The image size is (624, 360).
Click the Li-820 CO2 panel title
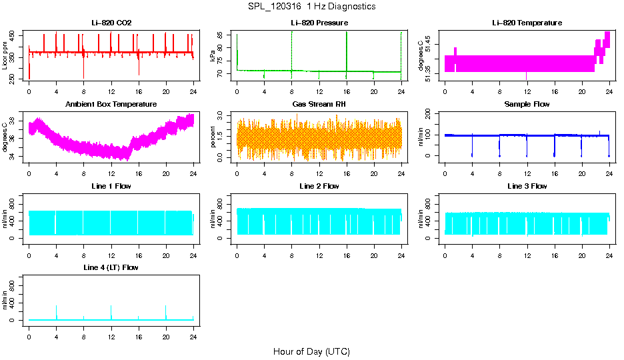pyautogui.click(x=111, y=23)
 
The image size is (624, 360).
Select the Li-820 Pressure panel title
pyautogui.click(x=319, y=23)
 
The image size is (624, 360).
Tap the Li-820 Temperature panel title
pyautogui.click(x=527, y=23)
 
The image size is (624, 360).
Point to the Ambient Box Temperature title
pyautogui.click(x=111, y=105)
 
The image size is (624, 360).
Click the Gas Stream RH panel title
pyautogui.click(x=319, y=105)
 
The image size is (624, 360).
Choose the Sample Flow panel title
pyautogui.click(x=527, y=105)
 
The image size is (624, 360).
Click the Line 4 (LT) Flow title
pyautogui.click(x=111, y=267)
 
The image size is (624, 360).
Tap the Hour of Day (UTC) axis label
pyautogui.click(x=311, y=351)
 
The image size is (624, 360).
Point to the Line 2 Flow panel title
pyautogui.click(x=319, y=186)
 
